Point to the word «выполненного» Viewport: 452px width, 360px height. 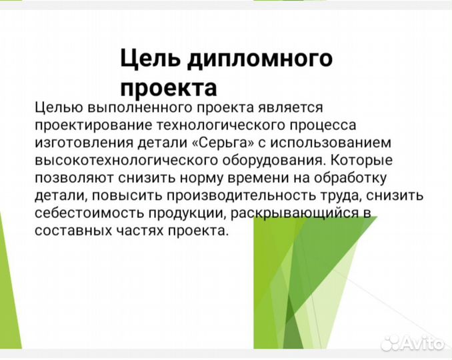point(137,108)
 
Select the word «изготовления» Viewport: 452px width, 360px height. point(76,144)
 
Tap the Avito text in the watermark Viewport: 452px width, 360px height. point(423,343)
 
